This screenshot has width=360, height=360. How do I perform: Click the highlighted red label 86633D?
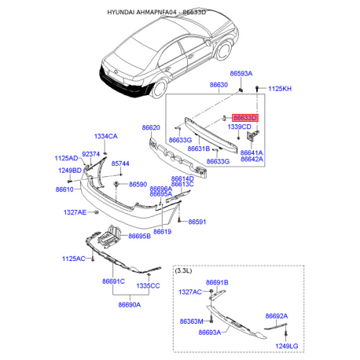click(244, 117)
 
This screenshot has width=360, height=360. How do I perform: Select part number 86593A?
click(241, 73)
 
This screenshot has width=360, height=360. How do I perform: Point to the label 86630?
click(219, 84)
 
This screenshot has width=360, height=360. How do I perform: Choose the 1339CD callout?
click(239, 127)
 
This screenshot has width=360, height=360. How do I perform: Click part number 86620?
click(151, 127)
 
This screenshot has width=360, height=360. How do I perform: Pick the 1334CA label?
click(105, 136)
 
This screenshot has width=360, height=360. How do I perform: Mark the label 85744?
click(119, 163)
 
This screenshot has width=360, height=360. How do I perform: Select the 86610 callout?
click(64, 189)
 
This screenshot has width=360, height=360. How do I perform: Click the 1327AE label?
click(76, 212)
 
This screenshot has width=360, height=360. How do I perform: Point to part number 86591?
click(197, 222)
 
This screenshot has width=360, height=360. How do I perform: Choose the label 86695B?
click(138, 236)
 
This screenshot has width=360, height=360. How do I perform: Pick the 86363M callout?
click(191, 321)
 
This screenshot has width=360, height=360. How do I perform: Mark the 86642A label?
click(252, 159)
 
